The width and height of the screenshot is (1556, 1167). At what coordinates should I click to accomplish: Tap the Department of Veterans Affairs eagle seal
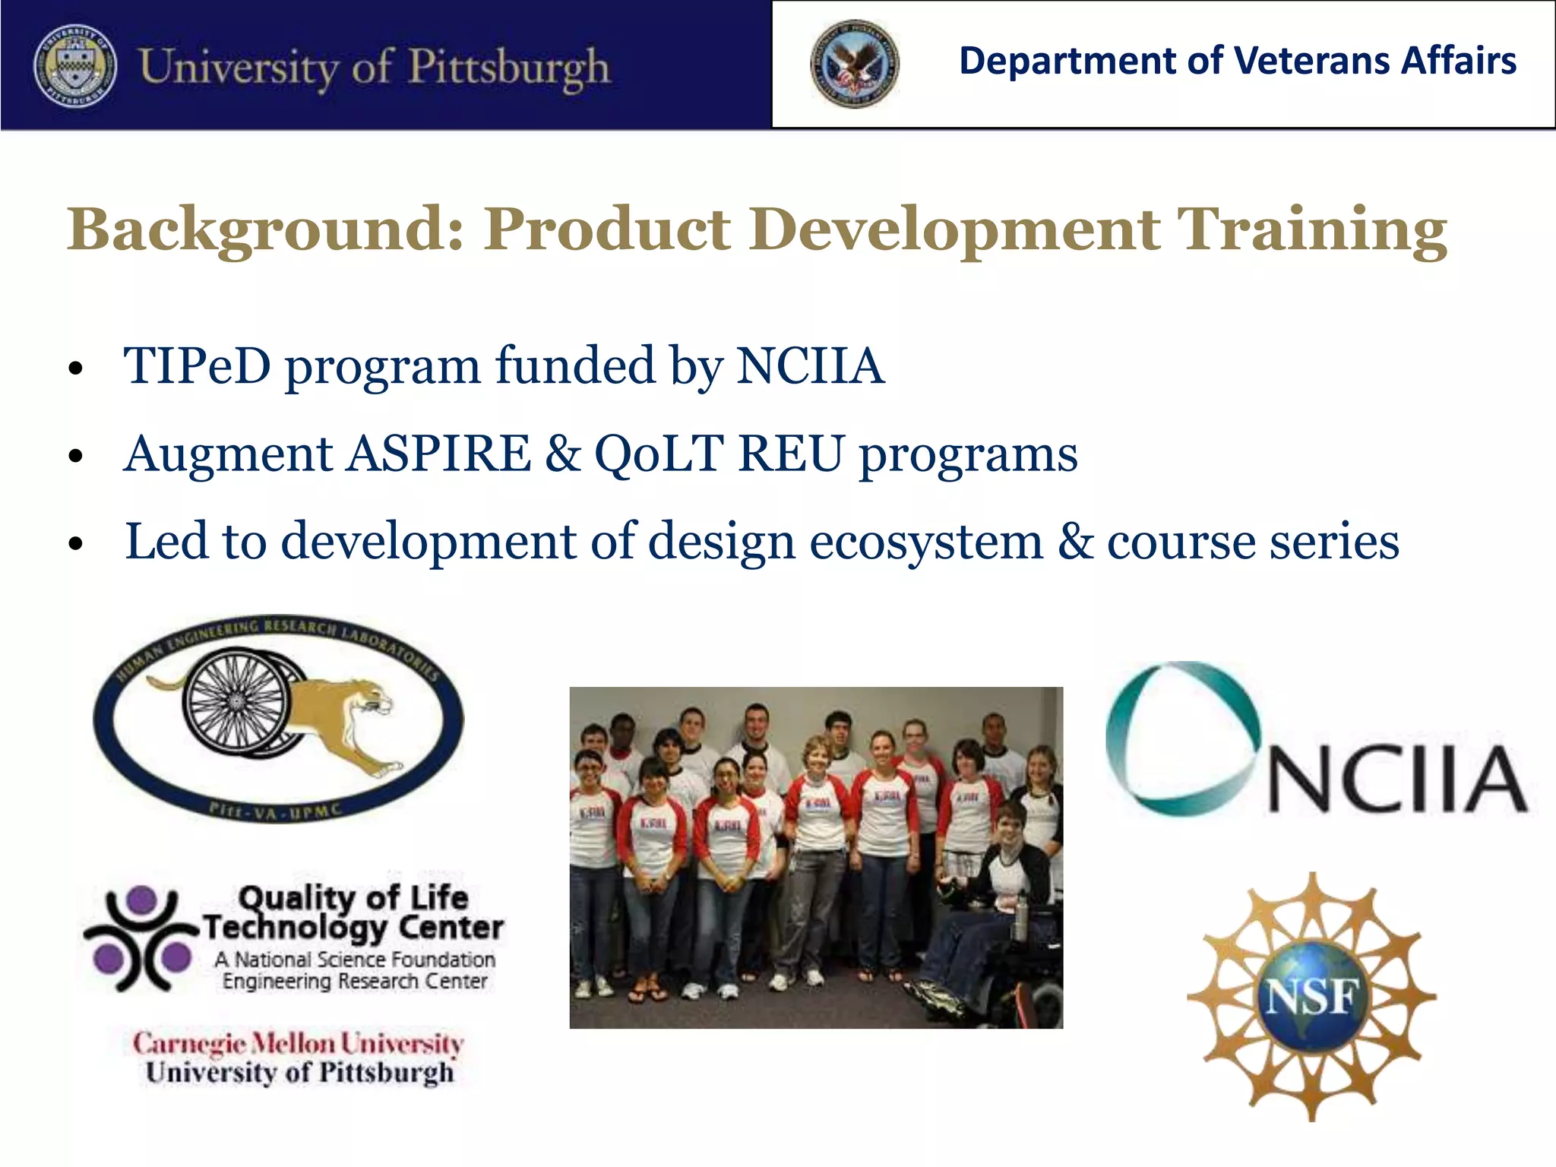(855, 64)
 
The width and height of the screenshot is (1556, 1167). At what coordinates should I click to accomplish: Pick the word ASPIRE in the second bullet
(440, 454)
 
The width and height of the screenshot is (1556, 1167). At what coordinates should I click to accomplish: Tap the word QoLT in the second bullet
(659, 454)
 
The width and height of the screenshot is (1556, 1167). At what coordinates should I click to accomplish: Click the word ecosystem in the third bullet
(926, 542)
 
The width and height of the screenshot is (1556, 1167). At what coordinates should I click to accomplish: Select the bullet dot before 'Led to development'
(74, 545)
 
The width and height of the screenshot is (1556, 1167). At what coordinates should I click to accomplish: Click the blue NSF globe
(1312, 998)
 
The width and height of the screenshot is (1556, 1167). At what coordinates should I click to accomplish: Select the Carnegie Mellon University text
(298, 1043)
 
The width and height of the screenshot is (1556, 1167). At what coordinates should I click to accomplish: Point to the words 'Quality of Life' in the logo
(353, 898)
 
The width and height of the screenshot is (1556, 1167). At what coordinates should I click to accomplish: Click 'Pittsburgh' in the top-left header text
(509, 67)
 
